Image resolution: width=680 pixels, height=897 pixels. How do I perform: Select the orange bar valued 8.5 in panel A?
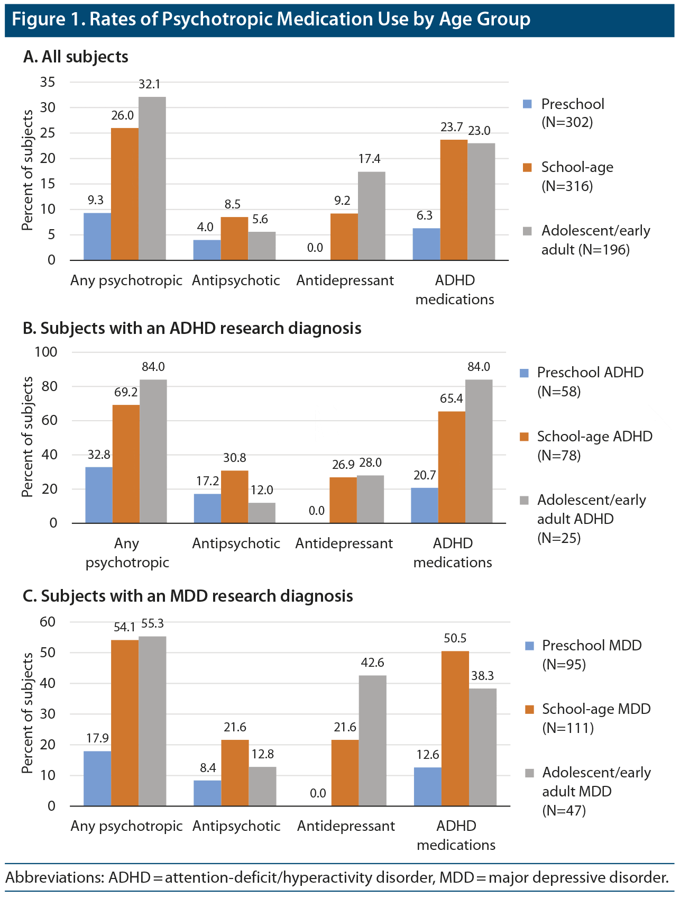point(234,238)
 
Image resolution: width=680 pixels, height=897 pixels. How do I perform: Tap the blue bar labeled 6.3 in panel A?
point(426,244)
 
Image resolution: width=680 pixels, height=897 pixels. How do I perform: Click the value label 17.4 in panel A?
point(369,159)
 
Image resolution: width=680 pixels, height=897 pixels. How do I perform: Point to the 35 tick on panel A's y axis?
point(48,82)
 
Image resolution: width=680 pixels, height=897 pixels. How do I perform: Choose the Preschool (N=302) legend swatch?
point(527,104)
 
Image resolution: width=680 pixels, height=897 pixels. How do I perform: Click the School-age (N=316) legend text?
point(577,176)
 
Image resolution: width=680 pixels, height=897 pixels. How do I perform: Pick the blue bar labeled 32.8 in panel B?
point(99,495)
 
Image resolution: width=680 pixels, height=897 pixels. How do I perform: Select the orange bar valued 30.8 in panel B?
point(234,496)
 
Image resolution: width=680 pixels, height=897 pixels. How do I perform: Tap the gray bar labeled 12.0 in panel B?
point(262,512)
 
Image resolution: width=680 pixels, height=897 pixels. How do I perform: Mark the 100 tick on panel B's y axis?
point(45,352)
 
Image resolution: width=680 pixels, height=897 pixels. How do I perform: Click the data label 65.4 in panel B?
point(451,398)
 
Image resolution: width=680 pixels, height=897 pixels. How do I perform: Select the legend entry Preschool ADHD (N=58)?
point(590,382)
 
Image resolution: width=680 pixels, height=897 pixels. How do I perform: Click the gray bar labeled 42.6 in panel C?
point(372,740)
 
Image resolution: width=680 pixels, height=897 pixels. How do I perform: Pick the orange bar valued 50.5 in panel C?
point(455,728)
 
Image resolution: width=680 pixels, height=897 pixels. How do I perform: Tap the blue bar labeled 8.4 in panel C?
point(207,793)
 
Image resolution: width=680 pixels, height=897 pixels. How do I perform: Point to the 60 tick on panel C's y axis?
point(48,622)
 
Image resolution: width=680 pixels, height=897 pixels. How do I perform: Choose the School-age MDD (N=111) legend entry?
point(596,718)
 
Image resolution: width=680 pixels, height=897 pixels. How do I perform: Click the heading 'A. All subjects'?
point(76,57)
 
